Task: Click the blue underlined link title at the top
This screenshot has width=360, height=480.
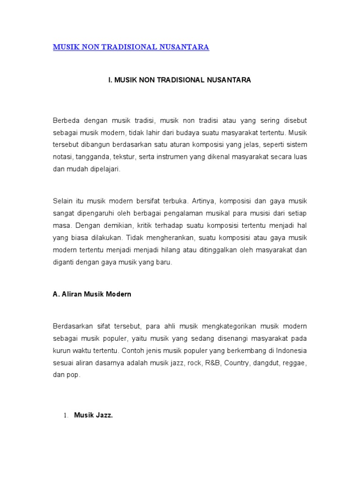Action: coord(131,47)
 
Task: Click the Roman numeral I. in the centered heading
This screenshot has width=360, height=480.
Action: coord(111,80)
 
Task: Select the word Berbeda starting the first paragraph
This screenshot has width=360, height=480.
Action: coord(66,120)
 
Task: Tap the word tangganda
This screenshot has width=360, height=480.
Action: coord(92,157)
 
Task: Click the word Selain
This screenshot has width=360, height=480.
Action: coord(63,202)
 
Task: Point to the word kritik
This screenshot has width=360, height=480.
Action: coord(138,226)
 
